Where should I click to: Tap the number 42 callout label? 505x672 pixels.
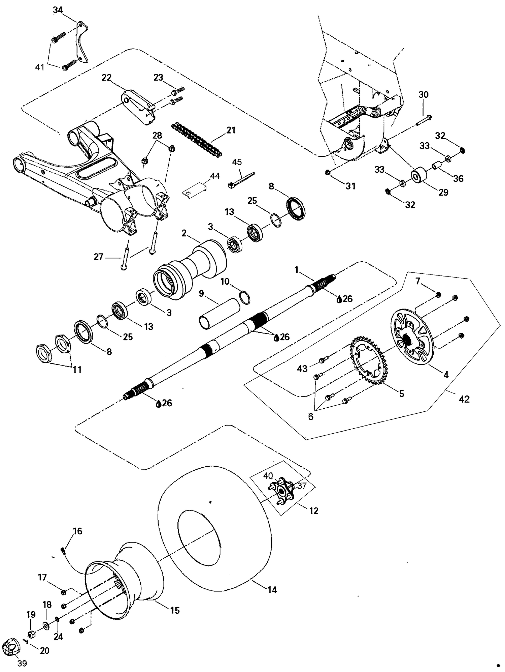[x=464, y=399]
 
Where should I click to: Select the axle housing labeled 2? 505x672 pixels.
[x=189, y=266]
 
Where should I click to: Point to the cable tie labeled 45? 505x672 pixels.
[x=241, y=180]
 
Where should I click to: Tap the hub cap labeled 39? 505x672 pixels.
[x=11, y=647]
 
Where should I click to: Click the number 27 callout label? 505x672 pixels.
[x=98, y=257]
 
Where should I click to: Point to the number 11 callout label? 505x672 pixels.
[x=77, y=370]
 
